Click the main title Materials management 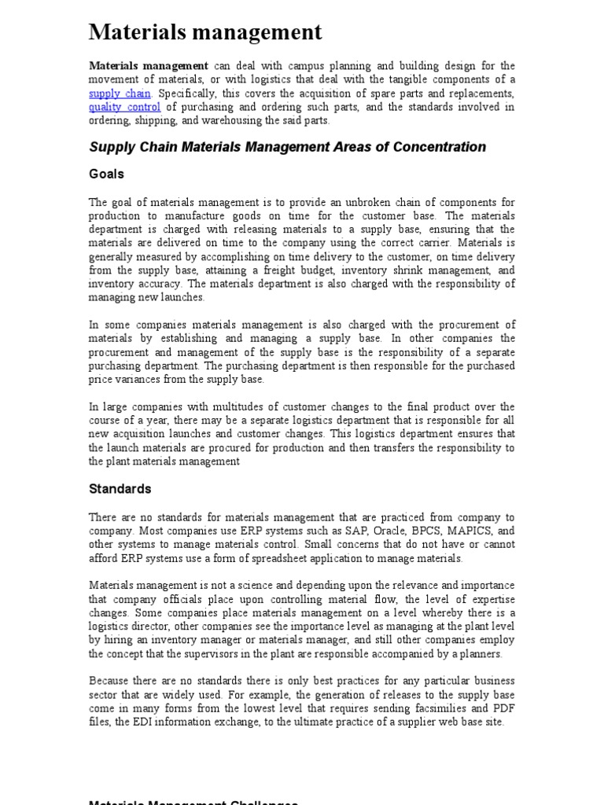pos(205,32)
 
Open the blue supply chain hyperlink pos(119,94)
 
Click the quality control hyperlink pos(124,107)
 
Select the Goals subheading pos(106,175)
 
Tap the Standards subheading pos(120,489)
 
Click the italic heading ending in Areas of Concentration pos(288,147)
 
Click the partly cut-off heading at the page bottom pos(193,802)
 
